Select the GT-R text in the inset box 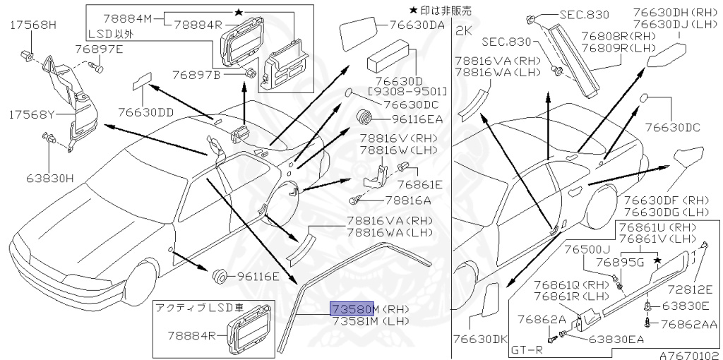527,349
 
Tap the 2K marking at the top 463,31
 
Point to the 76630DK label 480,339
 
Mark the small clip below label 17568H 28,53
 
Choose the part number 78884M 129,17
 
